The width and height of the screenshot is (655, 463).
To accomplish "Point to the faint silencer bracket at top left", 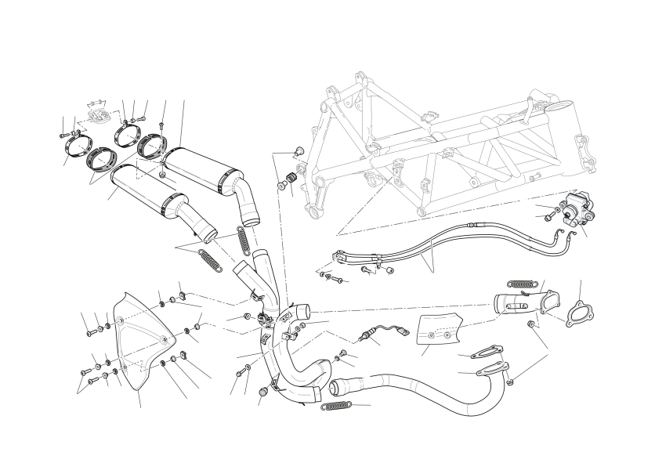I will coord(97,110).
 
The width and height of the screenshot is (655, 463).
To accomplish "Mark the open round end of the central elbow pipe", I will coord(301,312).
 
